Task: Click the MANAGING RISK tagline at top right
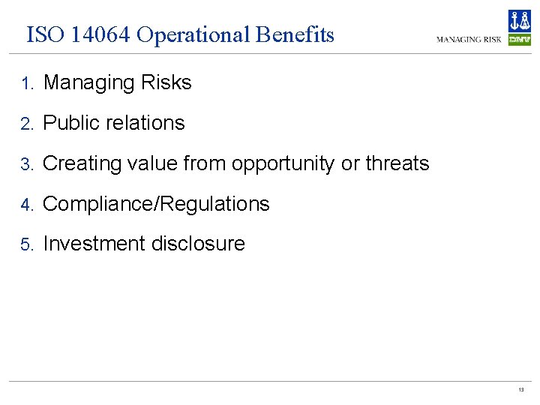[x=469, y=39]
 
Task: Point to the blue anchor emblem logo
[x=519, y=21]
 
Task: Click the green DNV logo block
[x=519, y=40]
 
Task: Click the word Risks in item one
[x=166, y=82]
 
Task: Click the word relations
[x=146, y=123]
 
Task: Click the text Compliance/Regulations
[x=156, y=204]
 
